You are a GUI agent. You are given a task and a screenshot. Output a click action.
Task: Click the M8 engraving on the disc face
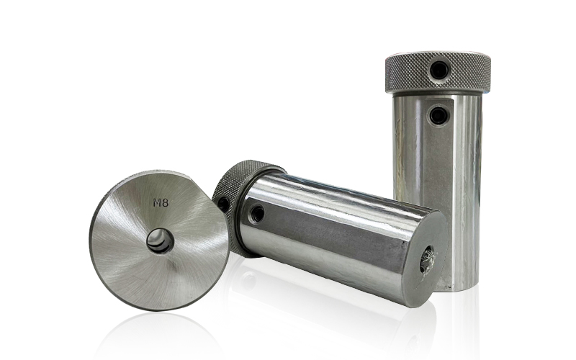(161, 202)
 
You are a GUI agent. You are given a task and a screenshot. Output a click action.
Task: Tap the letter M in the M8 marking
(157, 202)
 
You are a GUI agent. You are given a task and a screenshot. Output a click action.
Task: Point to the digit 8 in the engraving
(166, 202)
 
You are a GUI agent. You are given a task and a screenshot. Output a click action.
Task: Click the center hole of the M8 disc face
(161, 241)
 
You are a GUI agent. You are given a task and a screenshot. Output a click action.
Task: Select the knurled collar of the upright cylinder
(438, 73)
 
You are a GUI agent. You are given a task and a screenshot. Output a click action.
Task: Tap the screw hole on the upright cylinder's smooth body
(438, 115)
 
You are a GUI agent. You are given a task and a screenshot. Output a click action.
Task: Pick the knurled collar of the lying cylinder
(240, 199)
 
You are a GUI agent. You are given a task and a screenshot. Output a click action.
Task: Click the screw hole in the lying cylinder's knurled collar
(222, 203)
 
